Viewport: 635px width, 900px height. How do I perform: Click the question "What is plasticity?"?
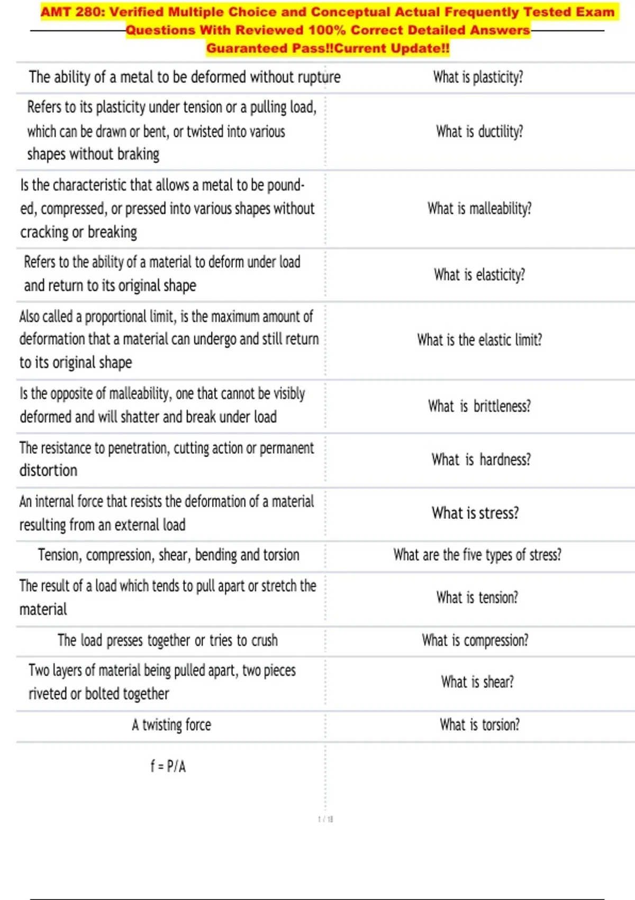click(478, 77)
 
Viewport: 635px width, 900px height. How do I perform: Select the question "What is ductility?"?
click(479, 131)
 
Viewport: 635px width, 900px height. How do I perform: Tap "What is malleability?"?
click(479, 209)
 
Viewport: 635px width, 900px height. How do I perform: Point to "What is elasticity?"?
click(479, 275)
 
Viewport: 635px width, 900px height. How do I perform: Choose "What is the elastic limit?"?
click(479, 340)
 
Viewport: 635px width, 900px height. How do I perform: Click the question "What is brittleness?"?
click(479, 406)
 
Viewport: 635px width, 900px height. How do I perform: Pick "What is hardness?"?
click(480, 460)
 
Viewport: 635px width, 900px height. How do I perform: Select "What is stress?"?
click(475, 513)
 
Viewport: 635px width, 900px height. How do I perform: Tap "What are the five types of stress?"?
click(477, 555)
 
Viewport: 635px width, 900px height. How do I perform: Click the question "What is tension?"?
click(477, 598)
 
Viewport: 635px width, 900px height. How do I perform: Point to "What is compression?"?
click(475, 641)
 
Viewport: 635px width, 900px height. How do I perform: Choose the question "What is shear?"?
click(477, 682)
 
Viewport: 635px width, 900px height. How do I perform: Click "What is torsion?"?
click(479, 724)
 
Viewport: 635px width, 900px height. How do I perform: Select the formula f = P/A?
click(168, 766)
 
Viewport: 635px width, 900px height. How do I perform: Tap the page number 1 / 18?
click(325, 819)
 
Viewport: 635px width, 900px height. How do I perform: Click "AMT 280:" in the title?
click(72, 12)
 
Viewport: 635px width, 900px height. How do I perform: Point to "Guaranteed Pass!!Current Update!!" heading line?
click(328, 49)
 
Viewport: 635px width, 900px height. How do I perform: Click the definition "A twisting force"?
click(171, 724)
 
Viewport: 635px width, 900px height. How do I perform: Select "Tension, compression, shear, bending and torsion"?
click(168, 555)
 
